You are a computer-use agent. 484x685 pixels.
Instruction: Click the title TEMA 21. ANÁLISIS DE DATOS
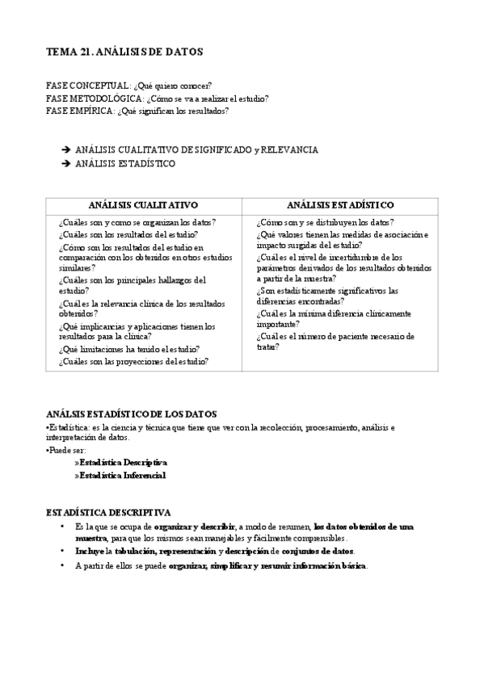pyautogui.click(x=124, y=52)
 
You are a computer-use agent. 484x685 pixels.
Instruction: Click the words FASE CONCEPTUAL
pyautogui.click(x=88, y=86)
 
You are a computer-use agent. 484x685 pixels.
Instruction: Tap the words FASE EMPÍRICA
pyautogui.click(x=81, y=111)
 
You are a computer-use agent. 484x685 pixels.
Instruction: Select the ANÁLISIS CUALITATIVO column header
pyautogui.click(x=144, y=205)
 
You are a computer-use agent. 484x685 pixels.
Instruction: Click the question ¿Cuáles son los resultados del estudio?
pyautogui.click(x=128, y=233)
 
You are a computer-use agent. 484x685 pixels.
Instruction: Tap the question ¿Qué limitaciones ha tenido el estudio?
pyautogui.click(x=129, y=349)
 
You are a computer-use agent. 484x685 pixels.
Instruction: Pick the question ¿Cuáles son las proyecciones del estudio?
pyautogui.click(x=133, y=361)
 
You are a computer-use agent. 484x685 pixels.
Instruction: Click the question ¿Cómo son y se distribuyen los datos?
pyautogui.click(x=325, y=221)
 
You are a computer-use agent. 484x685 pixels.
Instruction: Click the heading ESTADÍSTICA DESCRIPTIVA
pyautogui.click(x=107, y=512)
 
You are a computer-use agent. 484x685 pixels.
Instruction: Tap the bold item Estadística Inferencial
pyautogui.click(x=123, y=475)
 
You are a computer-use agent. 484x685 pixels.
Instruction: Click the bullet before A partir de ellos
pyautogui.click(x=63, y=565)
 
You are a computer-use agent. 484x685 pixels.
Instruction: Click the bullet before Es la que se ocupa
pyautogui.click(x=63, y=527)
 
